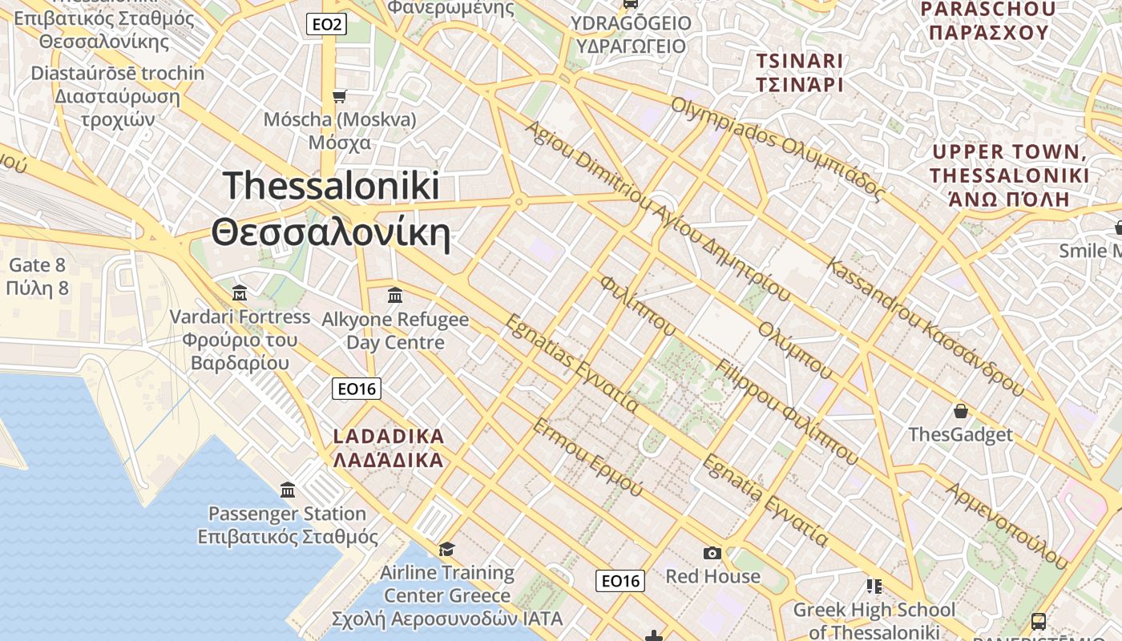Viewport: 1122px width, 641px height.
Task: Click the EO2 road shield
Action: (327, 25)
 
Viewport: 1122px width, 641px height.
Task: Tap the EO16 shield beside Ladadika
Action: (357, 389)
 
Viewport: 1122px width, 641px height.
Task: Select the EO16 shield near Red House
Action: (620, 581)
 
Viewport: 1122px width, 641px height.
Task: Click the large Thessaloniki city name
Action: (331, 209)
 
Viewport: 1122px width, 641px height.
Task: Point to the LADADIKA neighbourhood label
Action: (388, 448)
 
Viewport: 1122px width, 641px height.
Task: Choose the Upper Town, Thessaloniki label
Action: (1009, 175)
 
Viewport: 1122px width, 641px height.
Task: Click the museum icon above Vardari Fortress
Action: (239, 293)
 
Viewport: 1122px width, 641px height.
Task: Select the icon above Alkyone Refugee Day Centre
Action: (394, 296)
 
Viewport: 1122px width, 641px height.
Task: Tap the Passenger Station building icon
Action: (288, 490)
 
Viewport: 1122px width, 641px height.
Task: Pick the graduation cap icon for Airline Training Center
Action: (446, 549)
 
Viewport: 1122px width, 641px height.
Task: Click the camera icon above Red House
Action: (712, 553)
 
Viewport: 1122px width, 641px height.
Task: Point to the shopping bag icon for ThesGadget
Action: (960, 412)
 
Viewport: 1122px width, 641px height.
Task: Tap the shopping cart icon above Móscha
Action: (340, 97)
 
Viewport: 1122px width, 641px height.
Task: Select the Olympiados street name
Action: (777, 149)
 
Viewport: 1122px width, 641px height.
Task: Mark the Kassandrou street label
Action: (926, 327)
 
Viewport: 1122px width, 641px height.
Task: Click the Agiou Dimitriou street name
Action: (657, 212)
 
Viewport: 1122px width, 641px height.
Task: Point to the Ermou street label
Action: (587, 457)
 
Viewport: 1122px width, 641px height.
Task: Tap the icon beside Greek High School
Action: (874, 587)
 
